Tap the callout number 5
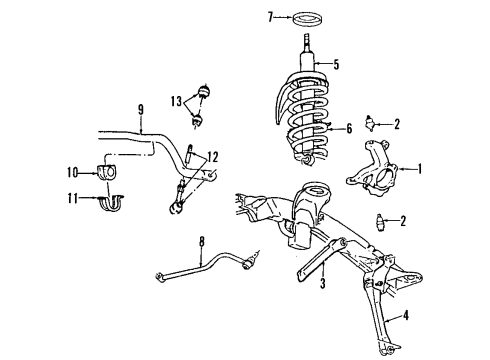click(336, 65)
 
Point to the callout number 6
click(350, 128)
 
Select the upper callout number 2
click(398, 124)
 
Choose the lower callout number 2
click(403, 220)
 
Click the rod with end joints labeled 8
click(205, 268)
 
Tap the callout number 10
click(72, 171)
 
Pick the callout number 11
click(72, 200)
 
